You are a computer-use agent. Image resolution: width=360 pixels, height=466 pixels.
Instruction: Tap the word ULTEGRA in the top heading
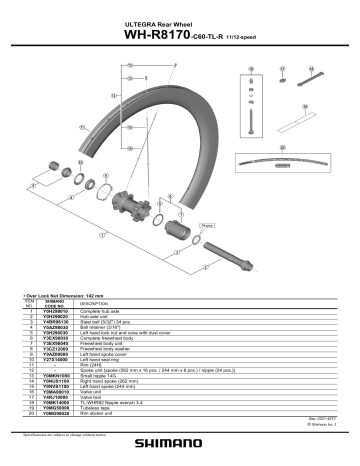pyautogui.click(x=140, y=17)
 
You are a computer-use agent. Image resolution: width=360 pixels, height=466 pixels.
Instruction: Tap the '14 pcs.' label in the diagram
pyautogui.click(x=208, y=227)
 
